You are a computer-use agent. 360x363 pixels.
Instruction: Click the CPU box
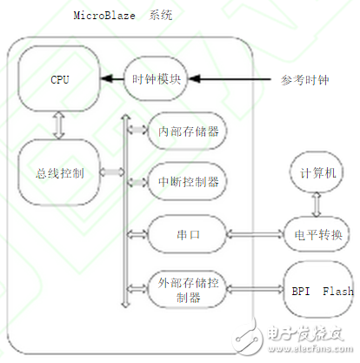(58, 80)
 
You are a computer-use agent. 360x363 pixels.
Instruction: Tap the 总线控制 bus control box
(58, 171)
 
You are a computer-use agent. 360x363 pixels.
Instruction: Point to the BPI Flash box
(318, 291)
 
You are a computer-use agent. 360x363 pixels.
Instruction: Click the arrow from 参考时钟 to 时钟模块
(236, 79)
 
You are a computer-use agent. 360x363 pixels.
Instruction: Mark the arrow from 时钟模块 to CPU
(111, 79)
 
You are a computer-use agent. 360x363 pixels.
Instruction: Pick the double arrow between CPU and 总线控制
(58, 125)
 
